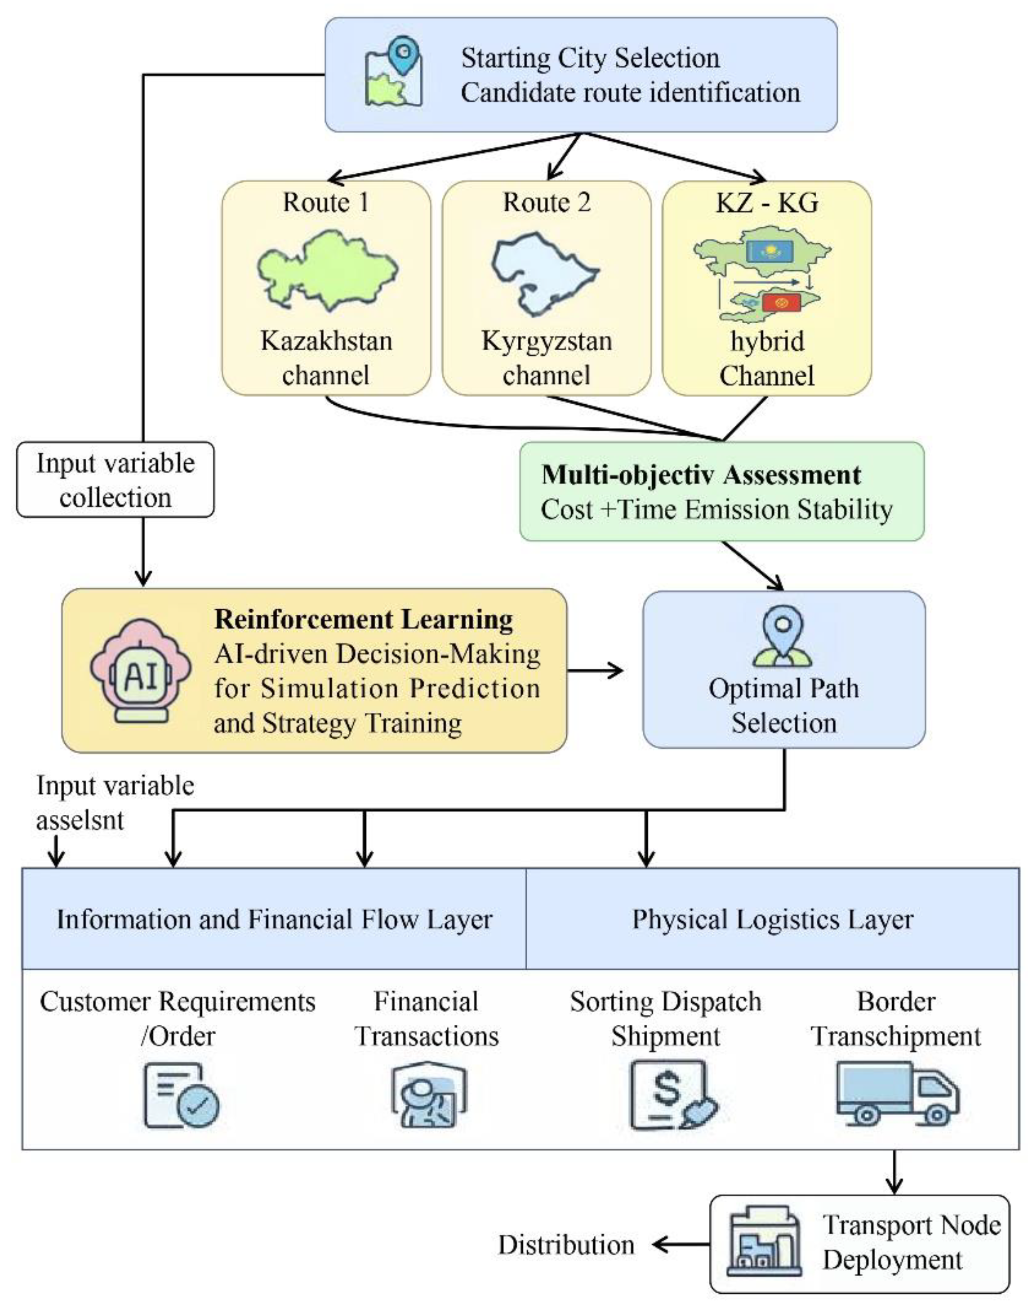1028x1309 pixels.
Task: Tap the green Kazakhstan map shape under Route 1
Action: coord(327,269)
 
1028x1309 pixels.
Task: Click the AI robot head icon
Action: coord(141,671)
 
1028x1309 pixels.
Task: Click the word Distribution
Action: coord(566,1245)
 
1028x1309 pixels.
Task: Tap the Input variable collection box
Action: coord(115,479)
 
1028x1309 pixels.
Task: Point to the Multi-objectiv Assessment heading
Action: coord(701,475)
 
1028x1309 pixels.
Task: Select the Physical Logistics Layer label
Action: coord(772,920)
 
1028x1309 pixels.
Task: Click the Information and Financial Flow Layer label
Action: coord(275,920)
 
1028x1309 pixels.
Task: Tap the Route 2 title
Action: coord(547,202)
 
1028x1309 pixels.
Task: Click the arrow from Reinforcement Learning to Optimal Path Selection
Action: coord(595,670)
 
